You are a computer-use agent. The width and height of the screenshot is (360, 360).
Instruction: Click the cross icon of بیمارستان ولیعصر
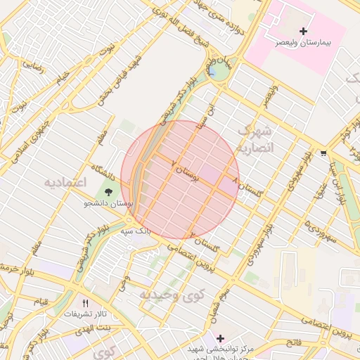pyautogui.click(x=303, y=31)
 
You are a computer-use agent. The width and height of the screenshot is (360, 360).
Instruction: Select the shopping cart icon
pyautogui.click(x=323, y=153)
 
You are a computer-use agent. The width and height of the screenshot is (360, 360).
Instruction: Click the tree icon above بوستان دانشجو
pyautogui.click(x=108, y=191)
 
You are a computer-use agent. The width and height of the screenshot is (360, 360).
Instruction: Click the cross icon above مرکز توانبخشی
pyautogui.click(x=221, y=338)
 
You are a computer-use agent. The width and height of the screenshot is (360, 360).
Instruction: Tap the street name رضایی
pyautogui.click(x=33, y=65)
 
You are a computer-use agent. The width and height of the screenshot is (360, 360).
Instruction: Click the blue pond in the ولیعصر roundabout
pyautogui.click(x=212, y=71)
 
